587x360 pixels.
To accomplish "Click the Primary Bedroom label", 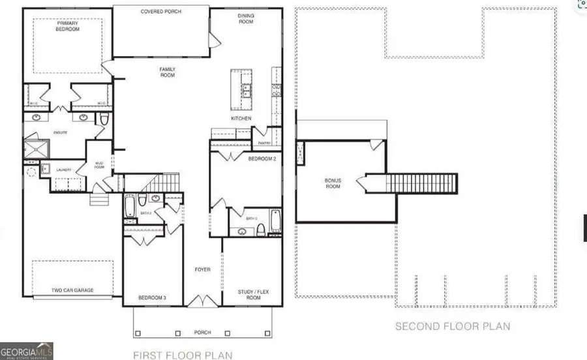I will [x=67, y=27].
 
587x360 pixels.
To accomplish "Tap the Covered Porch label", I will [x=161, y=12].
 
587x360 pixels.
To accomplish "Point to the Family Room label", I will [x=168, y=72].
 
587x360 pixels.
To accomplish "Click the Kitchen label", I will [x=241, y=119].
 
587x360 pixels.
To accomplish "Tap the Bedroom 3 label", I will [x=152, y=298].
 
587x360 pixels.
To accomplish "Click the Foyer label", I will [x=203, y=269].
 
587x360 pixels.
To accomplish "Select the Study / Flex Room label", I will [x=249, y=295].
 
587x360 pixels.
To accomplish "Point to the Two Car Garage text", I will [x=72, y=290].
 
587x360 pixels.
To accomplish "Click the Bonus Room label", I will [x=333, y=183].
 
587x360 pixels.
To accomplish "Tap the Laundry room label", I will [x=63, y=169].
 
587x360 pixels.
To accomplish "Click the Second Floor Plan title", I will [x=453, y=326].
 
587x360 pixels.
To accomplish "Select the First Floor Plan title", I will [x=183, y=355].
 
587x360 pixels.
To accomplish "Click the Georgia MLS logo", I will [x=27, y=350].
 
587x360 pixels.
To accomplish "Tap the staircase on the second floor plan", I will [x=421, y=183].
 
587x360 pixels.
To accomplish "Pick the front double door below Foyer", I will [x=203, y=301].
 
